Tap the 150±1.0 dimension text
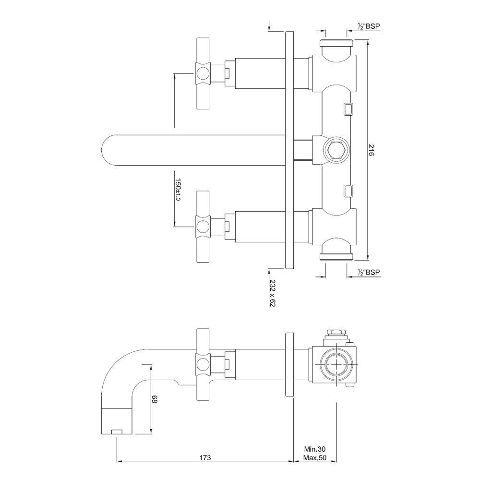pos(178,189)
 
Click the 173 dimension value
pos(205,458)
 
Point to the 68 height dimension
pos(154,399)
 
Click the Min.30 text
pos(315,449)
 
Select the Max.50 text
pos(315,458)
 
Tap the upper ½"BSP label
pos(369,27)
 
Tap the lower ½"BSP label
pos(369,272)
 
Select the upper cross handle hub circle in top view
pos(203,73)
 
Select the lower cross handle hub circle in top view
pos(203,225)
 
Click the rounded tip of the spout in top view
pos(108,150)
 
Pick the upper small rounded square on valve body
pos(348,109)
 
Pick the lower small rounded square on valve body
pos(348,191)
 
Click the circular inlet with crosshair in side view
pos(336,364)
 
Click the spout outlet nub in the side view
pos(117,432)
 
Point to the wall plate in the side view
pos(289,364)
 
